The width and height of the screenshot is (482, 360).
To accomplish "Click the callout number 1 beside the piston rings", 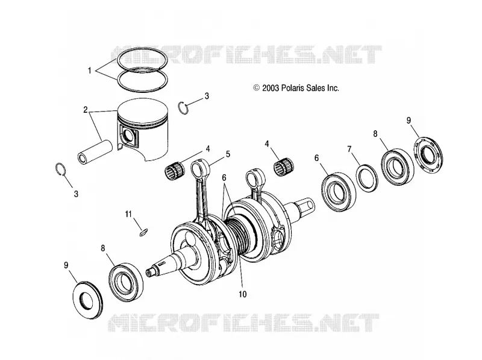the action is (x=89, y=71).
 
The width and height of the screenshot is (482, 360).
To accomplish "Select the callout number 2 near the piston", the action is (x=86, y=110).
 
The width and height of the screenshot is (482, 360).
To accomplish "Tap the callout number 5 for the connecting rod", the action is (x=228, y=154).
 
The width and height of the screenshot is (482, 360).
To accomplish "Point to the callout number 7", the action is (x=349, y=149).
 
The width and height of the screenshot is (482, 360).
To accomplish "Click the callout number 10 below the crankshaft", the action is (x=243, y=294).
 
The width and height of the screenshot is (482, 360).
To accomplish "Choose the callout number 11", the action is (x=128, y=214).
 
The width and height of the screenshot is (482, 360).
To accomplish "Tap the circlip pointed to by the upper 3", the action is (x=184, y=109).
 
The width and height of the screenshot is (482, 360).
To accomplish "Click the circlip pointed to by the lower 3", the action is (x=60, y=169).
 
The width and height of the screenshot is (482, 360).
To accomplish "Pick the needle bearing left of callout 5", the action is (x=175, y=171).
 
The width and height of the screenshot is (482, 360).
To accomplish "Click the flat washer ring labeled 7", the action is (x=367, y=178).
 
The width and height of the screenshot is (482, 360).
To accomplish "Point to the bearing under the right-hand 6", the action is (x=338, y=192).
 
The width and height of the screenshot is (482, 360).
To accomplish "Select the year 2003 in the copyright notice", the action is (x=271, y=88).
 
